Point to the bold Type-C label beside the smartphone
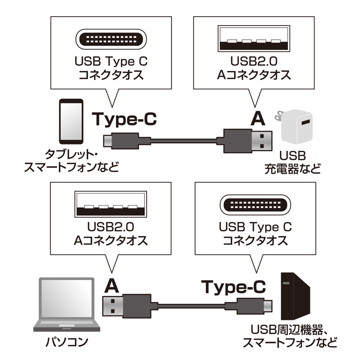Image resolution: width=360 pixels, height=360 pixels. pyautogui.click(x=125, y=119)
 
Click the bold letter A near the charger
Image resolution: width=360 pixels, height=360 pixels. pyautogui.click(x=257, y=119)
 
